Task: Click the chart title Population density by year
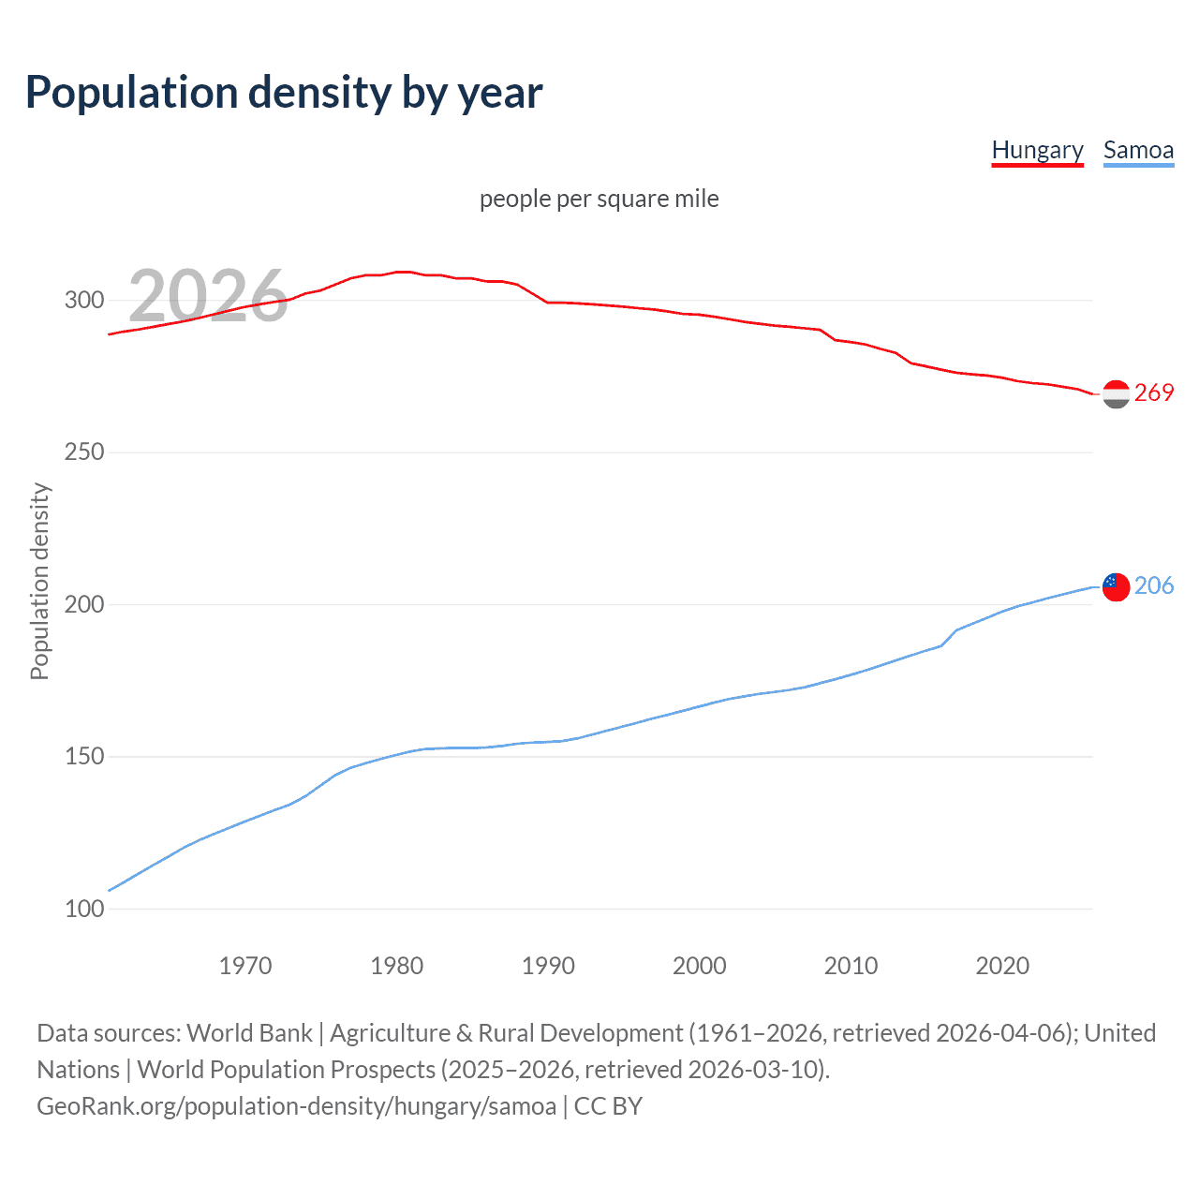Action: point(284,93)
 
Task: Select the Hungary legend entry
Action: point(1037,150)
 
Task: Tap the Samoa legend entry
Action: point(1138,150)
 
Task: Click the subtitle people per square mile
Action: point(599,199)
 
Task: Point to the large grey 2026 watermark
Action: point(208,296)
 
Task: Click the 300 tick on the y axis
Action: point(84,301)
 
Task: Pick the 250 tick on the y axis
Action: point(84,452)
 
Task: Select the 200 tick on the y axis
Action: point(84,604)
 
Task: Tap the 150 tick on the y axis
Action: point(84,756)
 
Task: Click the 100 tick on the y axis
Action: point(84,909)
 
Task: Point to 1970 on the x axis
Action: point(245,966)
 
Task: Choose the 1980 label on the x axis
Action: point(397,966)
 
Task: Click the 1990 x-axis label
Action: point(548,966)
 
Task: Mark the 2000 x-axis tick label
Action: point(700,966)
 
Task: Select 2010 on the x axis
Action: point(851,966)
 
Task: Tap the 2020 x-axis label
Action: point(1002,966)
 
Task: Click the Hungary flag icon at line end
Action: point(1116,394)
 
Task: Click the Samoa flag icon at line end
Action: point(1116,586)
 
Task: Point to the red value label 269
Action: point(1154,392)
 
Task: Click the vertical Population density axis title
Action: point(39,581)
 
